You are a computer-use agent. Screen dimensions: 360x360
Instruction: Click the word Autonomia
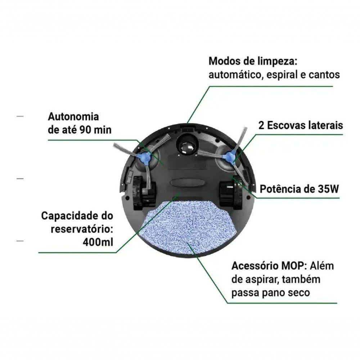pos(73,117)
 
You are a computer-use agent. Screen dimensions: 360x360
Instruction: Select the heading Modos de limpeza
pos(253,62)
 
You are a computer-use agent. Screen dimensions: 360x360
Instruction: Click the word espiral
pos(282,75)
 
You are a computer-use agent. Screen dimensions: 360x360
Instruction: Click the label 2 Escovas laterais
pos(301,125)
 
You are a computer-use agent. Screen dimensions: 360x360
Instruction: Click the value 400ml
pos(98,242)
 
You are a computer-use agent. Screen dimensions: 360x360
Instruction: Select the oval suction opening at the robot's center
pos(187,183)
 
